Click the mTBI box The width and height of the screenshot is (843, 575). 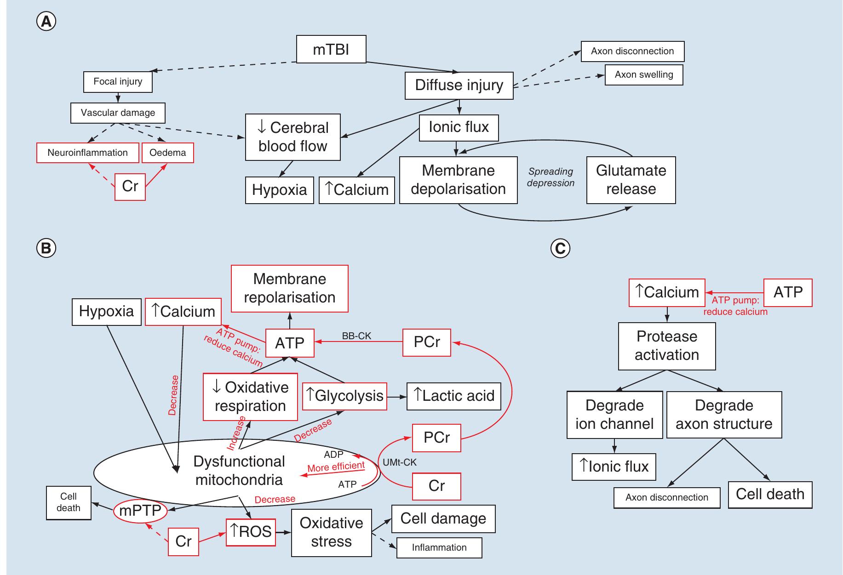coord(331,49)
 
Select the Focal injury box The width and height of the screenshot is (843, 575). coord(118,82)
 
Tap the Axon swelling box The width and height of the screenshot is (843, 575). coord(643,75)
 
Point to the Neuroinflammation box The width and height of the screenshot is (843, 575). coord(87,153)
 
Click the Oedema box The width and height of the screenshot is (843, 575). coord(167,153)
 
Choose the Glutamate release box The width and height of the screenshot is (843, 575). coord(631,180)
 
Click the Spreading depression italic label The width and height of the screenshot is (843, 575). coord(551,177)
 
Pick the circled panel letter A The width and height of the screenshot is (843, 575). coord(46,22)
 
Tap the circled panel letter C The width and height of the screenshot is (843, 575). coord(560,248)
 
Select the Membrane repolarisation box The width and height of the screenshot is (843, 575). coord(289,288)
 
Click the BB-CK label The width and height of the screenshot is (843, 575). coord(356,336)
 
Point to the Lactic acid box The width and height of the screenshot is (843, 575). coord(453,396)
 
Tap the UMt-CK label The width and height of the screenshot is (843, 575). coord(399,462)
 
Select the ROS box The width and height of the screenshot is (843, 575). coord(251,532)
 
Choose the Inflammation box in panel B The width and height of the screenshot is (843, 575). coord(439,547)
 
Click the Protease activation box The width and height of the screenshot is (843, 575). coord(666,346)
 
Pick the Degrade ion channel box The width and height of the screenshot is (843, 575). coord(614,415)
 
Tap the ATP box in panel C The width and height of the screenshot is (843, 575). coord(787,292)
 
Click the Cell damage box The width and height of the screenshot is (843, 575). coord(443,518)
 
